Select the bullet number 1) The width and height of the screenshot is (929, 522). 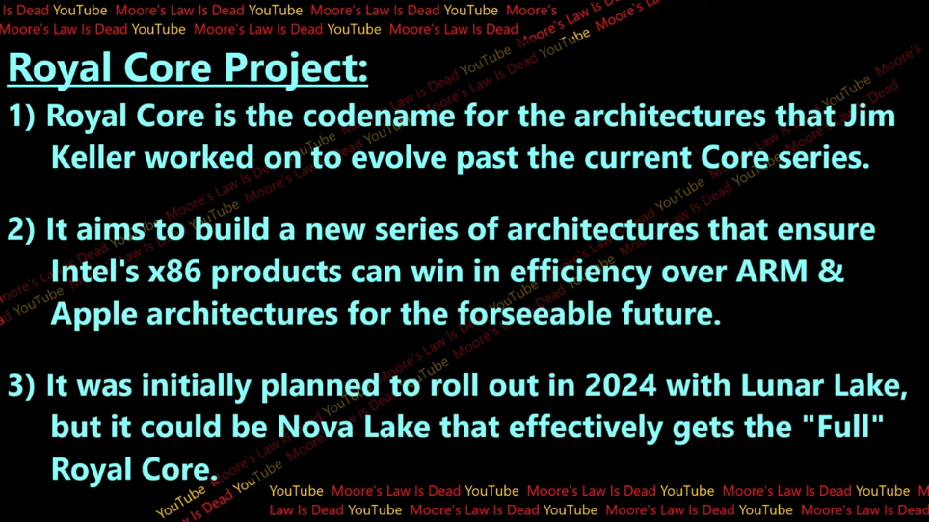pos(21,116)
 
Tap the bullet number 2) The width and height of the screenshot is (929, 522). pos(21,229)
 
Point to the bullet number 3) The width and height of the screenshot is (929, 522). pos(21,385)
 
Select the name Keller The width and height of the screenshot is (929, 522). pos(93,157)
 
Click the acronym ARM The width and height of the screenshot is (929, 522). pos(772,272)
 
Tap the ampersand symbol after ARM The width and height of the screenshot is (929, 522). pos(831,272)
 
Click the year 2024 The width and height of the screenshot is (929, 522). pos(621,386)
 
